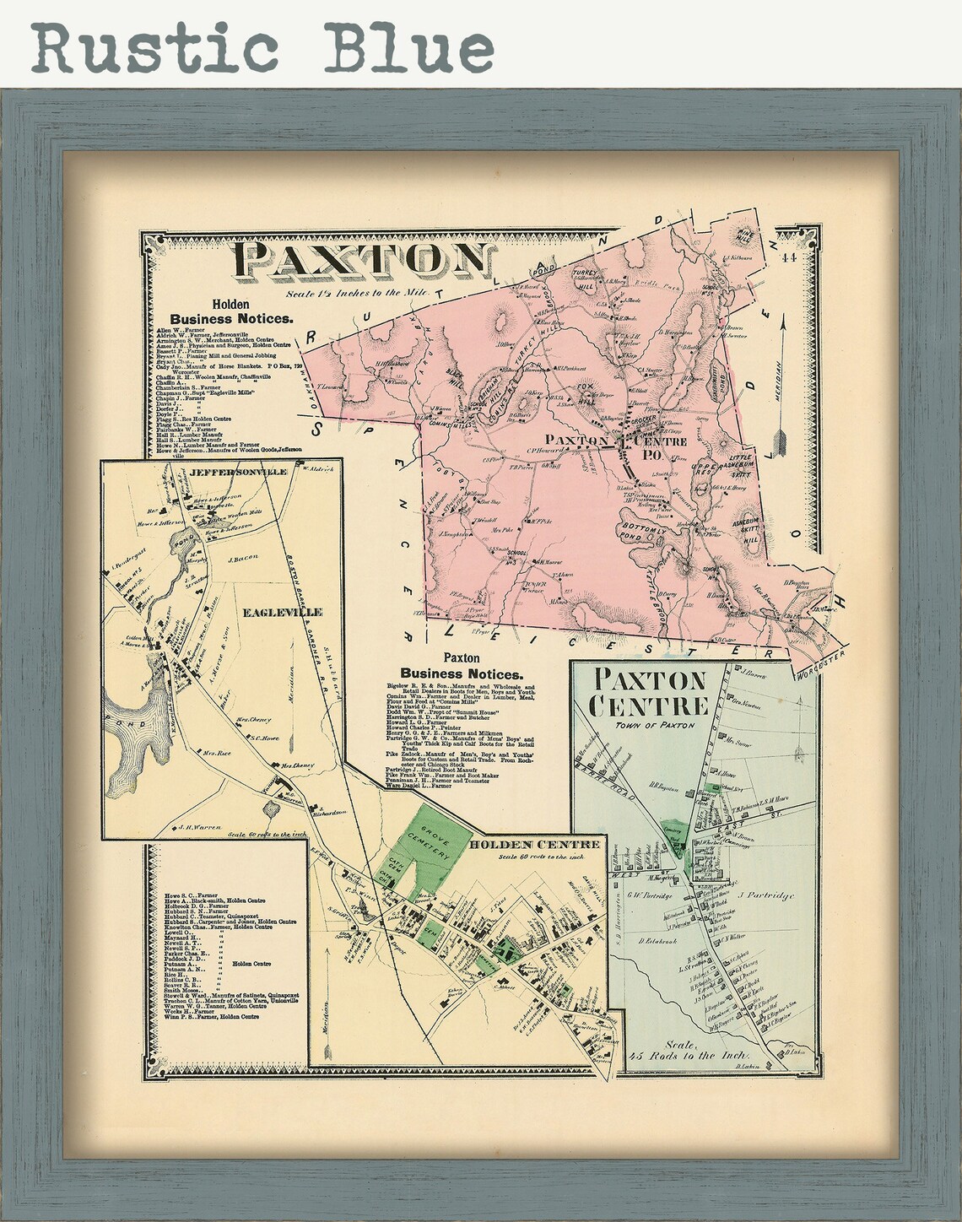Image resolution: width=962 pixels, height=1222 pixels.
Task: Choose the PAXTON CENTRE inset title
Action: point(649,691)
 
